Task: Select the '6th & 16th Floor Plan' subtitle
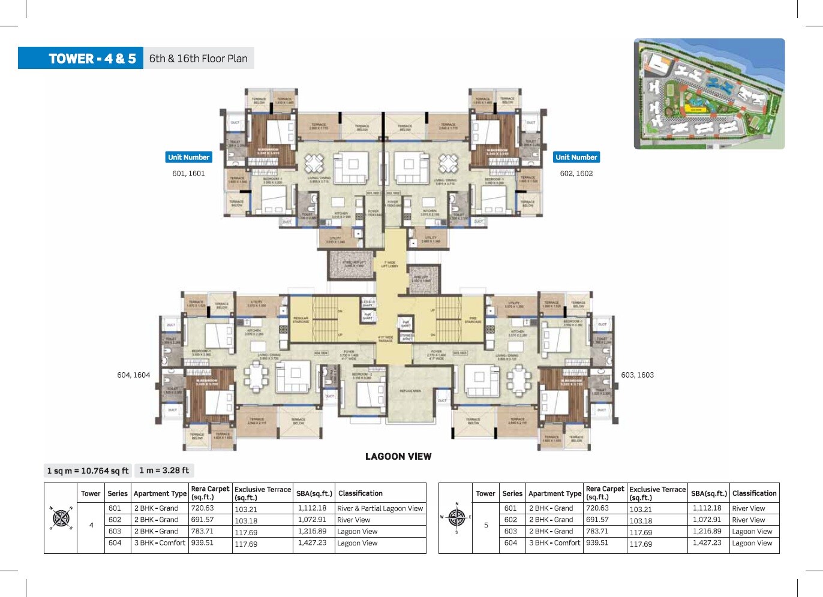coord(198,58)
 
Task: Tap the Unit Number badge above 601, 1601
coord(188,157)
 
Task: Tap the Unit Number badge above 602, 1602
coord(576,157)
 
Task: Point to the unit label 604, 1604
coord(134,375)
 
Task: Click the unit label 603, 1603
coord(637,375)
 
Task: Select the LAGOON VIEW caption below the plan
coord(398,456)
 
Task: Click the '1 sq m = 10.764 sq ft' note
coord(88,471)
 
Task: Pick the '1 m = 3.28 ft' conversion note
coord(164,471)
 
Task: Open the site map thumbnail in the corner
coord(709,94)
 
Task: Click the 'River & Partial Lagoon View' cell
coord(380,508)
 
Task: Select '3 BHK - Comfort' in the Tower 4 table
coord(160,543)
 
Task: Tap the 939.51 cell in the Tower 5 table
coord(597,543)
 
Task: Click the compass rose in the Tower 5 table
coord(456,517)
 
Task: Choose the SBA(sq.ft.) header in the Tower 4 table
coord(314,493)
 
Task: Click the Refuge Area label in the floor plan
coord(410,391)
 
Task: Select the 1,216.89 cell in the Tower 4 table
coord(312,531)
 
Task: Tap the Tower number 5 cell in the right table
coord(486,525)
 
